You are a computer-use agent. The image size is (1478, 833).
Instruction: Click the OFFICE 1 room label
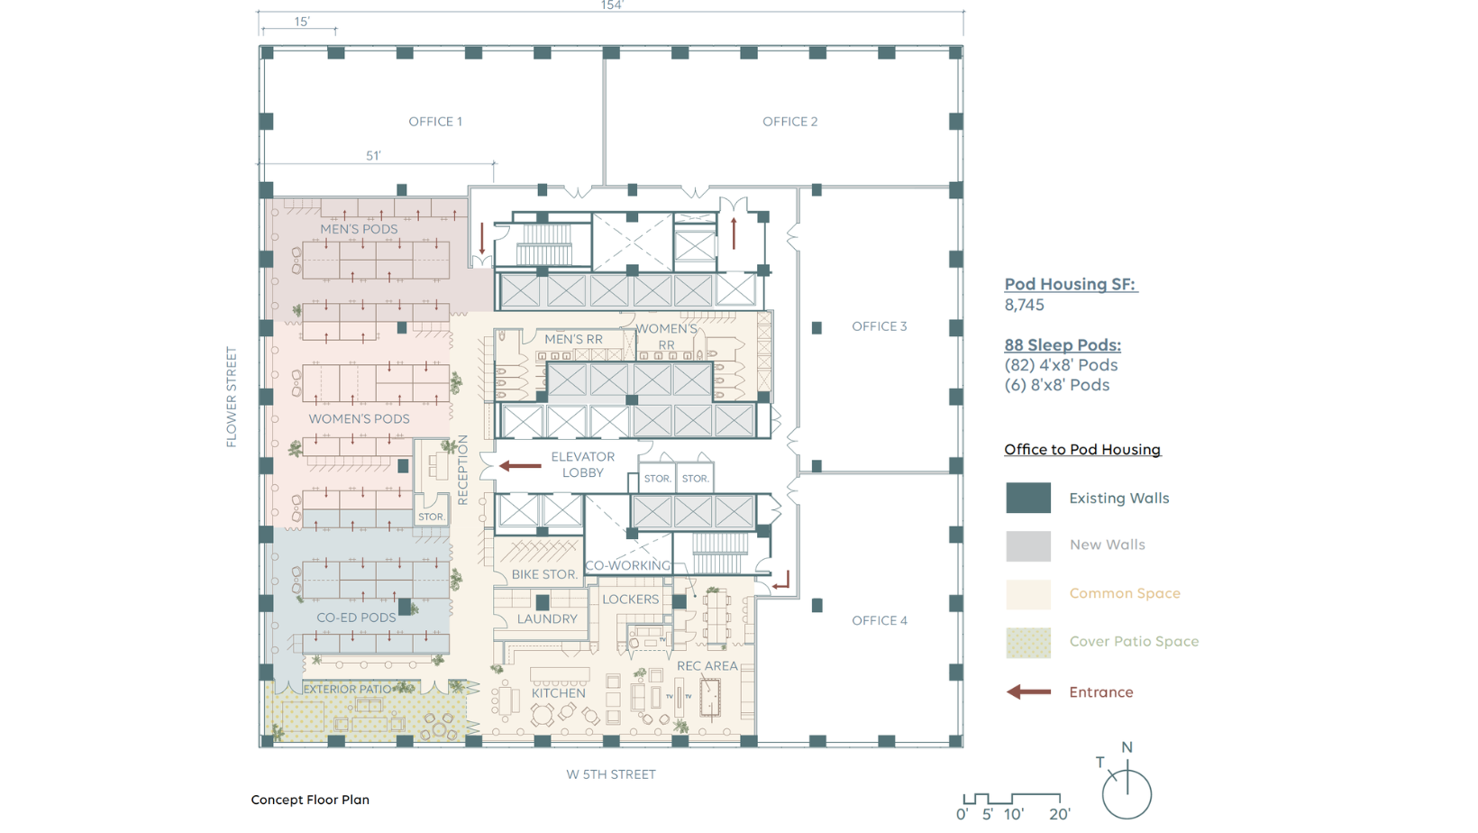tap(435, 122)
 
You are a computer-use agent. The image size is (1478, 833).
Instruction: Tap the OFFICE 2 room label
tap(789, 122)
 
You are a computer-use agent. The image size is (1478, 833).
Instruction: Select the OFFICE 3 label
tap(879, 326)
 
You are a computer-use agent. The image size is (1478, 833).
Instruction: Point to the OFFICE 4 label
tap(879, 620)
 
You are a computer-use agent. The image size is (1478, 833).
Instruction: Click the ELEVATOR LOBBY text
tap(582, 464)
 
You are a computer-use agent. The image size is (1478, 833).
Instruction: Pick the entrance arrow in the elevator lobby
tap(520, 465)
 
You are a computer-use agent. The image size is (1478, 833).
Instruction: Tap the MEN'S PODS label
tap(359, 229)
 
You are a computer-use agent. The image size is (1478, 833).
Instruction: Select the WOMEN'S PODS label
tap(359, 418)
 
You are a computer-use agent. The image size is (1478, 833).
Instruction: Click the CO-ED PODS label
tap(356, 618)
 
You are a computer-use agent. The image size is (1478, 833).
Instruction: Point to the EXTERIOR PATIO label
tap(347, 689)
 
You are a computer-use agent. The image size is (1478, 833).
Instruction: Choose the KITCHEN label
tap(558, 692)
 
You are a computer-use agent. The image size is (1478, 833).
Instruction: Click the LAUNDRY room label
tap(547, 618)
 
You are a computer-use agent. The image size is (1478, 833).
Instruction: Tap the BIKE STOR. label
tap(544, 574)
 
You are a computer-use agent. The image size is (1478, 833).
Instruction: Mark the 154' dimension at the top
tap(612, 5)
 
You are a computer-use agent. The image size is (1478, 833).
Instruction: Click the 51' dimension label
tap(373, 156)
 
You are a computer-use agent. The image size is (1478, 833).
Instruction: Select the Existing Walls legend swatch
tap(1028, 498)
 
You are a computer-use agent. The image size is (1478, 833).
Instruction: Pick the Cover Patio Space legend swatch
tap(1028, 643)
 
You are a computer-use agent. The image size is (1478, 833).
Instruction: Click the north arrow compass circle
tap(1127, 793)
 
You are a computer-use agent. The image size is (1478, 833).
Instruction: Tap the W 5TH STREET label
tap(610, 774)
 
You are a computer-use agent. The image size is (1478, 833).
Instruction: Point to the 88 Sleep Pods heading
tap(1063, 344)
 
